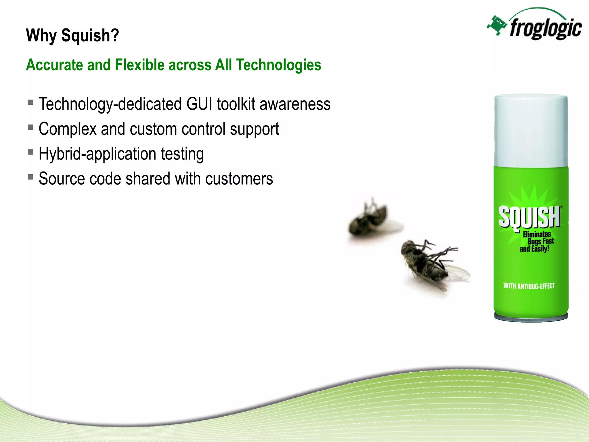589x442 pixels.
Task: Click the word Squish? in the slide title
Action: [x=90, y=35]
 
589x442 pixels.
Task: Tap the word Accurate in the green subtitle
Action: [x=54, y=65]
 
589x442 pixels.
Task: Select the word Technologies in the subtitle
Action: [x=278, y=65]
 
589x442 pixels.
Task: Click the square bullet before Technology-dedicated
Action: [x=30, y=102]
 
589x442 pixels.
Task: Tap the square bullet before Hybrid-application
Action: [x=30, y=152]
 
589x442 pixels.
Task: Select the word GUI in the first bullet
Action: [x=199, y=104]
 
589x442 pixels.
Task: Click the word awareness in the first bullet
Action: [x=295, y=104]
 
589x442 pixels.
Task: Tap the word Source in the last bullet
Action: [x=62, y=179]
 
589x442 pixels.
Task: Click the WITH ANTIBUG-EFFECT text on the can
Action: [x=529, y=286]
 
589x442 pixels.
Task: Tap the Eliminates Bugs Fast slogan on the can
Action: [x=537, y=241]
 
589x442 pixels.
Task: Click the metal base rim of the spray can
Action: [x=531, y=318]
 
